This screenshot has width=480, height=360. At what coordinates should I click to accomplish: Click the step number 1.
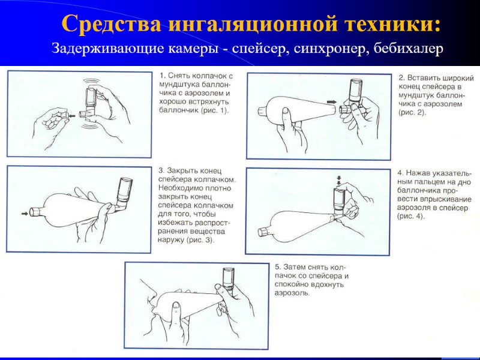tap(161, 76)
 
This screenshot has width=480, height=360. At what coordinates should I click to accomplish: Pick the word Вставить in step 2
tap(427, 78)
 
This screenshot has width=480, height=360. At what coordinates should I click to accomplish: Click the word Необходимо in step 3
tap(180, 188)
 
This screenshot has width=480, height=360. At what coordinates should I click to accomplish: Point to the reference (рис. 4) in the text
tap(411, 216)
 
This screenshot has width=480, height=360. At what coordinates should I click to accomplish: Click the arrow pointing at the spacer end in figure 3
tap(23, 211)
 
